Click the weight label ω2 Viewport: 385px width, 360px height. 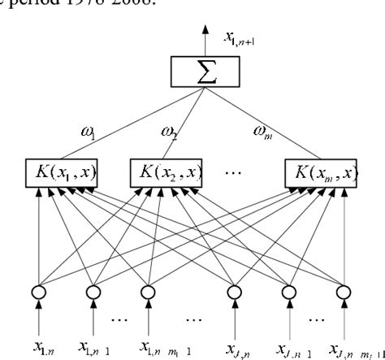171,132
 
